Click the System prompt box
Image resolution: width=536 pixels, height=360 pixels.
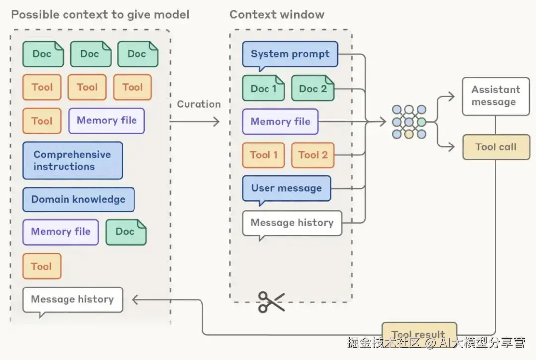290,54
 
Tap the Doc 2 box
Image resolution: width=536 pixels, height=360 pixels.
313,89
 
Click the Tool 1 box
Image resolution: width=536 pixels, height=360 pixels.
260,155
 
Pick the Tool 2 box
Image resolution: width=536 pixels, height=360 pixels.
313,155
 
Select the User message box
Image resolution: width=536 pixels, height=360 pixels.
286,188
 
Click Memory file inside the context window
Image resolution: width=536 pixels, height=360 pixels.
280,122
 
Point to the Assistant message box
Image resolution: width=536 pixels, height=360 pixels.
495,96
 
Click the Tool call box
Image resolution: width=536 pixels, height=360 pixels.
495,147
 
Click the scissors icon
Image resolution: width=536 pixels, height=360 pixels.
271,302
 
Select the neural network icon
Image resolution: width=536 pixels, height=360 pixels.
409,122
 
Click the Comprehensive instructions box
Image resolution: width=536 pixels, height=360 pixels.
72,160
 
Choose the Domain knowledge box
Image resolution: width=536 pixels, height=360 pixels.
78,200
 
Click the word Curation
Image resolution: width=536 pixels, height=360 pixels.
199,104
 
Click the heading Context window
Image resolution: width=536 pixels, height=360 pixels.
276,14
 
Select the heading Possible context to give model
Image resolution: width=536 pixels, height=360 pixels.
100,14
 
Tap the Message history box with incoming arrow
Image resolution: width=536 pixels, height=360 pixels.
72,299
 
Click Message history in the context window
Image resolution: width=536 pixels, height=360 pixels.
292,223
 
